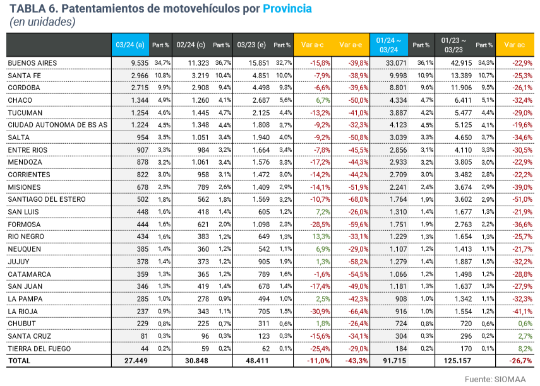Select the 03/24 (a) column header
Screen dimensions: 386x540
[x=131, y=45]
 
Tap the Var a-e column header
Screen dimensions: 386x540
[x=351, y=45]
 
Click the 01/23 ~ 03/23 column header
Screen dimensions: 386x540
[x=453, y=45]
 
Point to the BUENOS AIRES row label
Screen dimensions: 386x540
[x=32, y=63]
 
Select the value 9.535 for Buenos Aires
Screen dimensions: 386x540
[x=136, y=63]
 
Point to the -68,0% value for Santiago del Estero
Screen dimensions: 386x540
[x=358, y=199]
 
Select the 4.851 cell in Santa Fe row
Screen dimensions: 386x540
[x=260, y=76]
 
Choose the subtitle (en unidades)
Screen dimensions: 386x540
[x=42, y=22]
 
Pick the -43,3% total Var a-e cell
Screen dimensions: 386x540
[x=357, y=360]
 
